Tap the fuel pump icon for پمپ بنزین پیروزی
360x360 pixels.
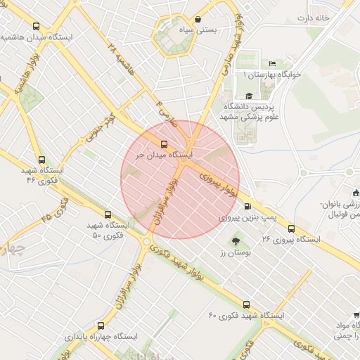click(x=247, y=206)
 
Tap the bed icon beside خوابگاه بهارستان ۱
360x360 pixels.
click(x=272, y=64)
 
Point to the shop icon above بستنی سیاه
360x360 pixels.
click(x=195, y=20)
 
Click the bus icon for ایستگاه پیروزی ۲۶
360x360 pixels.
click(x=291, y=228)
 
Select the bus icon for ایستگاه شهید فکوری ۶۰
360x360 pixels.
click(x=246, y=304)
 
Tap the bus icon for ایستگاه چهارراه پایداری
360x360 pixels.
click(x=100, y=326)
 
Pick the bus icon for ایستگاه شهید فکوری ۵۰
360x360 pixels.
click(x=108, y=214)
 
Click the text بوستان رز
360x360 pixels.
click(x=229, y=252)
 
